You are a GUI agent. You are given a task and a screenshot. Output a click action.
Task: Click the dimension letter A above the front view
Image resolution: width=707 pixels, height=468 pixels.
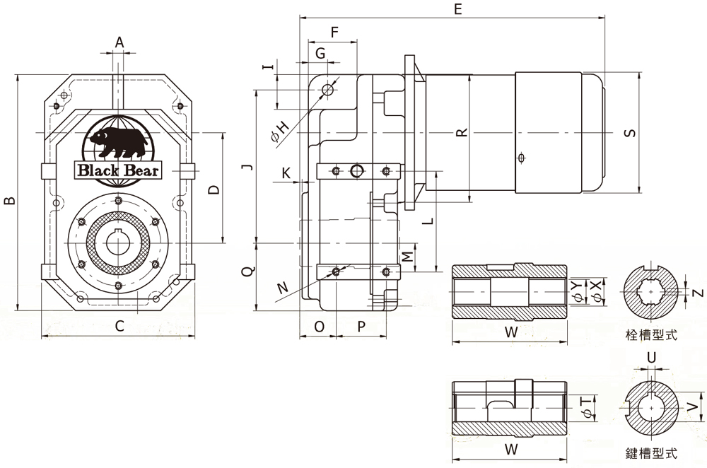[119, 42]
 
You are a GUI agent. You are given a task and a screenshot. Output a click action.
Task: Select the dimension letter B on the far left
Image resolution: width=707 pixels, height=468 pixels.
[9, 200]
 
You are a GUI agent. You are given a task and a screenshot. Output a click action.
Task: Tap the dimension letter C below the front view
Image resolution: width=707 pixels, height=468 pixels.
[119, 325]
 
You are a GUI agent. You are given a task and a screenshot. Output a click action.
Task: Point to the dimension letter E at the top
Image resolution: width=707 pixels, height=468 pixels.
[457, 9]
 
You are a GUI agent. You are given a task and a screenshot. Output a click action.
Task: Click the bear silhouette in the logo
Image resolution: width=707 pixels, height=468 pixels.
[118, 141]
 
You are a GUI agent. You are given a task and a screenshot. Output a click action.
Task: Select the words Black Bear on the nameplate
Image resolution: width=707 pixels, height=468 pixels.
[118, 170]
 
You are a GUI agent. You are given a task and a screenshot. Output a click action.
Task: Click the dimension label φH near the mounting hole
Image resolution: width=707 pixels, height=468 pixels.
[280, 131]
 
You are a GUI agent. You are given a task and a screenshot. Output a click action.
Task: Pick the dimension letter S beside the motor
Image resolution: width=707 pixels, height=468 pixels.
[631, 133]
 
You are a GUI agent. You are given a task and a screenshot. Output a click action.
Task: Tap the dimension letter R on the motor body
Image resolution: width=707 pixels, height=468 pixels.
[462, 133]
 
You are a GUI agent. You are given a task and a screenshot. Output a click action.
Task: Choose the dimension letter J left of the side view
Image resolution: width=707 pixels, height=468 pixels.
[247, 168]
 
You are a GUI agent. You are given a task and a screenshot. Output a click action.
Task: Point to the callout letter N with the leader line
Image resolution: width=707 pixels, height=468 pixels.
[283, 287]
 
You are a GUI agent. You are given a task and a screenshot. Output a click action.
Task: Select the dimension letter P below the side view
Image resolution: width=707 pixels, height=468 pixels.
[361, 327]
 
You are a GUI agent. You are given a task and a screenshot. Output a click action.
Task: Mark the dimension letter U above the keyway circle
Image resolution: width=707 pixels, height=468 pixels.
[652, 358]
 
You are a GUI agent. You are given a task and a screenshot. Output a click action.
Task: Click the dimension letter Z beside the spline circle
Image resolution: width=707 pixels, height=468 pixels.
[698, 293]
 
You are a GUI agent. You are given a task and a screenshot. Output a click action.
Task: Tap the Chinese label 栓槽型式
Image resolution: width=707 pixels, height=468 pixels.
[652, 334]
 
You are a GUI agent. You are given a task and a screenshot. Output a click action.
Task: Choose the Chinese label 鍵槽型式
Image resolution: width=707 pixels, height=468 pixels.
[652, 452]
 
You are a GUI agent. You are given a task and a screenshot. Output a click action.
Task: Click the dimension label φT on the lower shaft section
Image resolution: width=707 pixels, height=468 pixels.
[587, 407]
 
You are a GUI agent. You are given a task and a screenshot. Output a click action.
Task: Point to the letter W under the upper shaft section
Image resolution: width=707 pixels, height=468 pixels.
[511, 332]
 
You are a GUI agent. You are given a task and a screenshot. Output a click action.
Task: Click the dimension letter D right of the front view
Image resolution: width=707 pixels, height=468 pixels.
[214, 189]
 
